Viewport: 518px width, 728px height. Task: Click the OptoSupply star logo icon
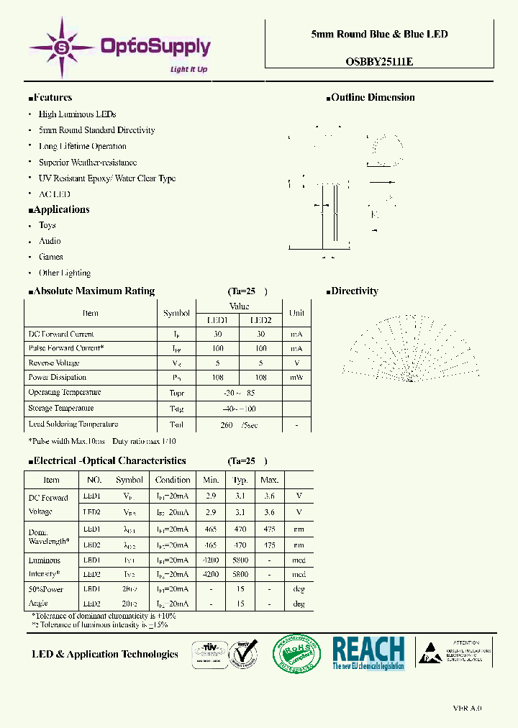pyautogui.click(x=62, y=48)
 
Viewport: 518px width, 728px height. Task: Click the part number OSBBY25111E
pyautogui.click(x=379, y=62)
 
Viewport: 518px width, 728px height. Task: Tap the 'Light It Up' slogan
pyautogui.click(x=188, y=70)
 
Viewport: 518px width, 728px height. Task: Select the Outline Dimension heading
pyautogui.click(x=372, y=98)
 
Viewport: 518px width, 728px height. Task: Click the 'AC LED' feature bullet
pyautogui.click(x=54, y=194)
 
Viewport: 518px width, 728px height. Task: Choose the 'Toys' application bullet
pyautogui.click(x=47, y=225)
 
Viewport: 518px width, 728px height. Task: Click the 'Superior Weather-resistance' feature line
pyautogui.click(x=87, y=163)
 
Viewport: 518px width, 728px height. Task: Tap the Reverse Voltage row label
pyautogui.click(x=54, y=363)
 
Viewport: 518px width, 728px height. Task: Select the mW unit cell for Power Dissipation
pyautogui.click(x=296, y=377)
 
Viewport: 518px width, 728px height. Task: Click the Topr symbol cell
pyautogui.click(x=176, y=393)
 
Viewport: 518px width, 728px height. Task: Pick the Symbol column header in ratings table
pyautogui.click(x=176, y=313)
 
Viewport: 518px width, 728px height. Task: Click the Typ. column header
pyautogui.click(x=240, y=480)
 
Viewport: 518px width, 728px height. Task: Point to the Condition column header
pyautogui.click(x=173, y=480)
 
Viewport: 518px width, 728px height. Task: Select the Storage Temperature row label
pyautogui.click(x=62, y=409)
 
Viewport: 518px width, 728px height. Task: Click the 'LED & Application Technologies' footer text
pyautogui.click(x=105, y=654)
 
